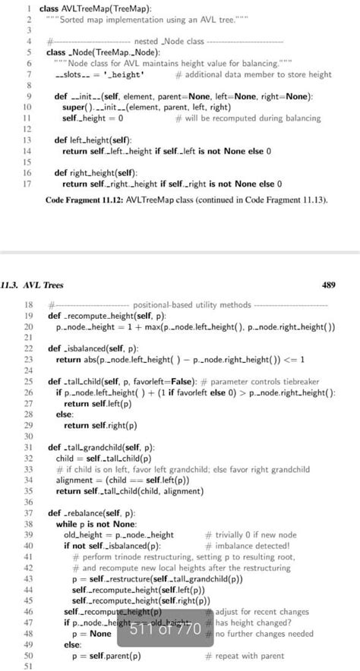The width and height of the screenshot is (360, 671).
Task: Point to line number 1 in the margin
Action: coord(28,8)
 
